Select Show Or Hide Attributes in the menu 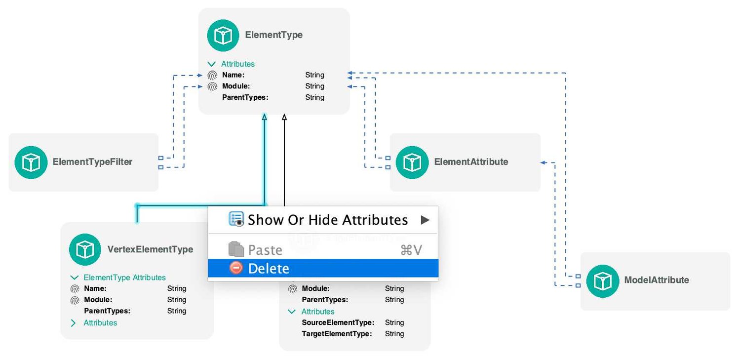(x=327, y=220)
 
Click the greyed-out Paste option (x=265, y=250)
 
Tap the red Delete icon (x=236, y=268)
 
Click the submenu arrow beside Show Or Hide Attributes (x=425, y=220)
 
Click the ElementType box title (x=274, y=35)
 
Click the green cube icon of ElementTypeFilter (x=31, y=162)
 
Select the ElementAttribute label (x=471, y=161)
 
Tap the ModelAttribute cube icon (x=602, y=280)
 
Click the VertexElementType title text (x=150, y=249)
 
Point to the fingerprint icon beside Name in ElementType (x=212, y=75)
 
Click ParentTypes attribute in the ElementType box (x=245, y=97)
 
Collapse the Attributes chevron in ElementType (x=212, y=64)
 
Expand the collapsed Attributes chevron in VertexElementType (x=74, y=323)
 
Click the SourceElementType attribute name (x=338, y=322)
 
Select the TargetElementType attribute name (x=336, y=334)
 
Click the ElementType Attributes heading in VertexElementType (x=124, y=278)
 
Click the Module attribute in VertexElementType (x=98, y=300)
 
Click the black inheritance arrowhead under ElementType (x=284, y=118)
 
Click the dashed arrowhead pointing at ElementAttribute (x=543, y=162)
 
